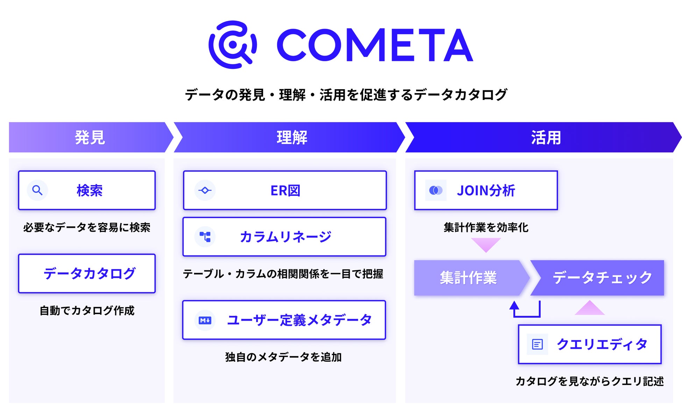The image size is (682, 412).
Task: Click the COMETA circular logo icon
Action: [233, 45]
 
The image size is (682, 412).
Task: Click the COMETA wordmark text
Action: [375, 45]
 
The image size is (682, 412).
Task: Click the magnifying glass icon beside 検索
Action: [37, 190]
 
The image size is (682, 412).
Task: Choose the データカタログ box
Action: [87, 274]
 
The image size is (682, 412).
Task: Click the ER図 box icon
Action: [205, 190]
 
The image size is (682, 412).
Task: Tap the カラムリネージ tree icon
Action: [205, 237]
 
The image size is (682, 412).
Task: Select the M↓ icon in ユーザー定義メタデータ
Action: [205, 320]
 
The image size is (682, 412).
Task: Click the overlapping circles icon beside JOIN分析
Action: [436, 190]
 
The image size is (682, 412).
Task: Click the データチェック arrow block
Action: [597, 278]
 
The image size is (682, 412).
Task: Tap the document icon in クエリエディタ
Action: [538, 344]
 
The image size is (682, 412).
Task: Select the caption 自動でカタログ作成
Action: [87, 311]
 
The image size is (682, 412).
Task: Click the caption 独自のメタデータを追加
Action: [284, 357]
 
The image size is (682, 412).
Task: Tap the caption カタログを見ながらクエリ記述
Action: [590, 381]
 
